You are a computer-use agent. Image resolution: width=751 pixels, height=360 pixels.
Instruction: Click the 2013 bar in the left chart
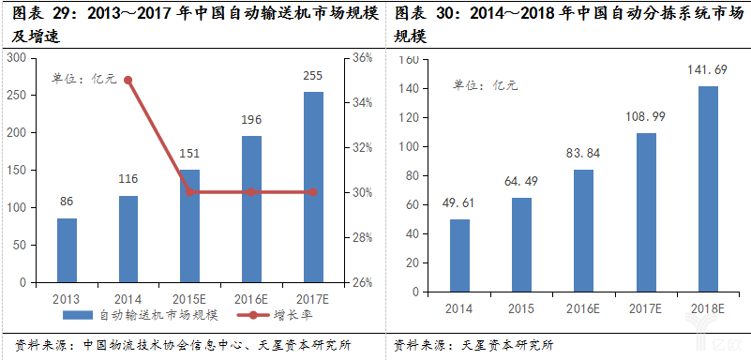[67, 250]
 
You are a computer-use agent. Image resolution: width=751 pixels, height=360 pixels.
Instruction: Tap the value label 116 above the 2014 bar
[128, 178]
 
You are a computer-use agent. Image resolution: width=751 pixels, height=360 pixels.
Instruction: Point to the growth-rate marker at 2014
[128, 80]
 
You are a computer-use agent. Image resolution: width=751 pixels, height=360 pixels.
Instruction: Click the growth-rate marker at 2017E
[312, 192]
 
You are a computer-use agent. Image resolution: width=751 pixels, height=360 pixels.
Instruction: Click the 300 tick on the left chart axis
[15, 58]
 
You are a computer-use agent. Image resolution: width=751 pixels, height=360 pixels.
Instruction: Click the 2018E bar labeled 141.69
[708, 184]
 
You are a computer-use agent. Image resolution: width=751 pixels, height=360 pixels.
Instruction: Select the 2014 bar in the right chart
[459, 250]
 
